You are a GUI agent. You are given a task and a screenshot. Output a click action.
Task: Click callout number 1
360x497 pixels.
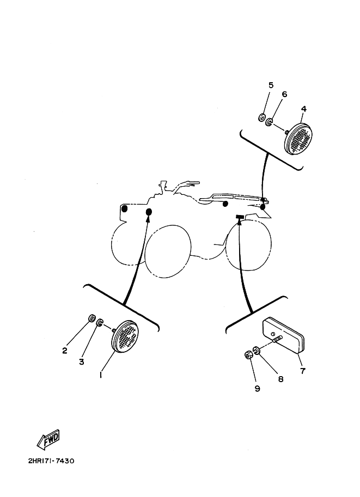click(101, 375)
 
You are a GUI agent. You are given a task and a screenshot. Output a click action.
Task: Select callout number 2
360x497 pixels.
click(65, 351)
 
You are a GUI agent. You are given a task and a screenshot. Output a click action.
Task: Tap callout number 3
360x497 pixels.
click(82, 361)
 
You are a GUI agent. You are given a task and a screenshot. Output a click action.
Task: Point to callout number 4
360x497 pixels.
click(303, 109)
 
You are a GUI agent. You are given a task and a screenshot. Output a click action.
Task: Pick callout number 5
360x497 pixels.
click(271, 85)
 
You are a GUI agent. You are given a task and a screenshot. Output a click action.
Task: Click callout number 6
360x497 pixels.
click(284, 94)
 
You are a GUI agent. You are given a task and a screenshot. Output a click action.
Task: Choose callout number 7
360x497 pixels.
click(303, 371)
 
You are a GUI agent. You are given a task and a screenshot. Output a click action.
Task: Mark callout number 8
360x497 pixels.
click(280, 379)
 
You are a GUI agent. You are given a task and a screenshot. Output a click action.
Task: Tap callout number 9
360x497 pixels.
click(257, 388)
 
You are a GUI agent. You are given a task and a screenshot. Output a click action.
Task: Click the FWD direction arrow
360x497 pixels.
click(48, 440)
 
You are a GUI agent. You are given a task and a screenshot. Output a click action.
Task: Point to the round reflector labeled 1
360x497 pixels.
click(125, 336)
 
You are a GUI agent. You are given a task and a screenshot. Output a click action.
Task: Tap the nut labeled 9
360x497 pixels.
click(248, 355)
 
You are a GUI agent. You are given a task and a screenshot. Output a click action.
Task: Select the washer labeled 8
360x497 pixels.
click(256, 351)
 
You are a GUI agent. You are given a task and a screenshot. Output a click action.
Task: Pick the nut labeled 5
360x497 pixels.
click(261, 118)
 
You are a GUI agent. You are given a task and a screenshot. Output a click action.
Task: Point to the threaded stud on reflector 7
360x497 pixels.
click(277, 340)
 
